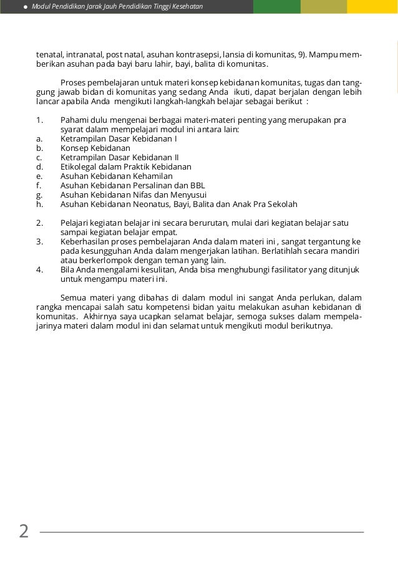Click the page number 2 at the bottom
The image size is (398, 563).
click(24, 531)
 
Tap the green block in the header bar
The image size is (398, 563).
click(277, 7)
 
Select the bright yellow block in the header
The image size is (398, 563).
click(372, 7)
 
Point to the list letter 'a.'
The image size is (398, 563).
click(39, 139)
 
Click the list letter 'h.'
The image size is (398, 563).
click(39, 204)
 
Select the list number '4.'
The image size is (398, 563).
click(39, 269)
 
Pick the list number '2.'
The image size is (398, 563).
click(39, 223)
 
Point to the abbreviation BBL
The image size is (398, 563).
click(197, 185)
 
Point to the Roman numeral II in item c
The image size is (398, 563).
click(176, 157)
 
